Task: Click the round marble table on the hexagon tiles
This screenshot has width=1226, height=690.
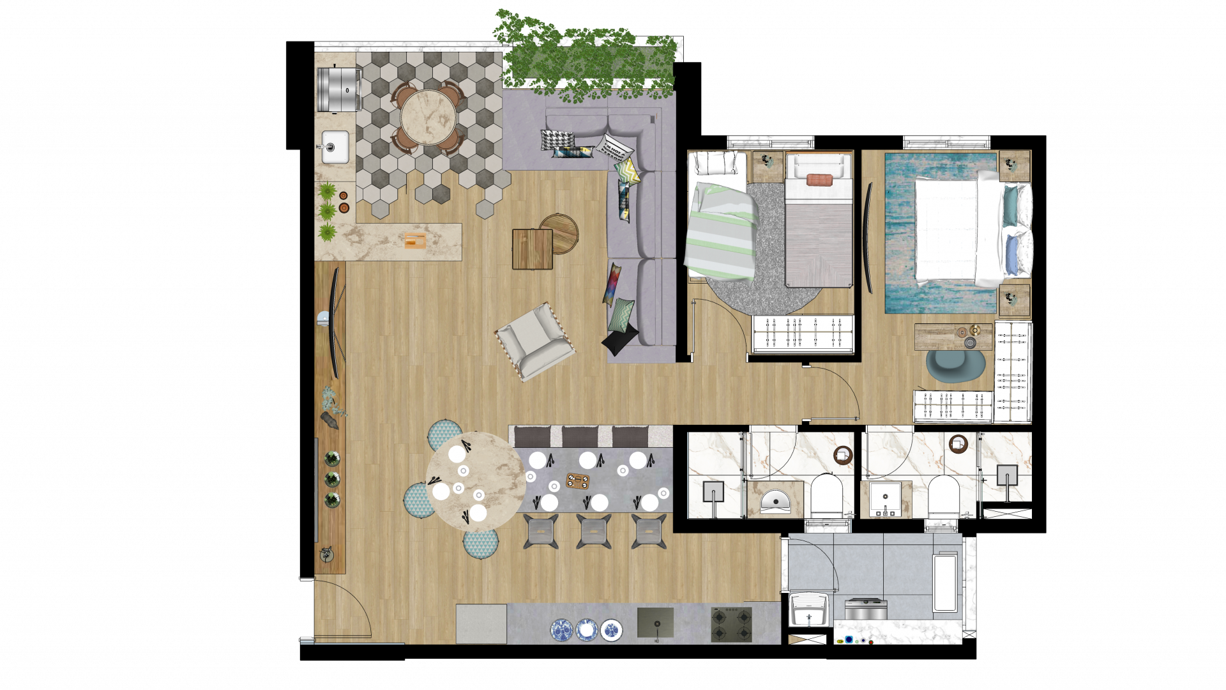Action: tap(428, 118)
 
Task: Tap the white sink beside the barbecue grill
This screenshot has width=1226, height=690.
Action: tap(335, 147)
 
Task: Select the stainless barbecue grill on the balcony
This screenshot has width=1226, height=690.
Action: tap(339, 89)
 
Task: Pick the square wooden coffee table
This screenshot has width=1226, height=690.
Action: tap(532, 249)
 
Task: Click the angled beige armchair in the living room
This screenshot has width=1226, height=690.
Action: tap(535, 341)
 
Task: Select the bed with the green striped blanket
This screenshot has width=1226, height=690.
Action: tap(720, 230)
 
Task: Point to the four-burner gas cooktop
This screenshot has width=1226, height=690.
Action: tap(732, 625)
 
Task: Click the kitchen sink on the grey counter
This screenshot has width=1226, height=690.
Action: tap(655, 622)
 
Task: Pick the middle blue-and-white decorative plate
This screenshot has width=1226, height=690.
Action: tap(586, 631)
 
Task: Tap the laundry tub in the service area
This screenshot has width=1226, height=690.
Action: tap(808, 609)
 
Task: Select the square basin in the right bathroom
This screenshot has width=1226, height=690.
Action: tap(886, 500)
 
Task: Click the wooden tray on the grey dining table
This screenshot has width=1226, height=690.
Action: tap(578, 480)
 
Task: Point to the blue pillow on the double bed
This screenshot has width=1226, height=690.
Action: tap(1012, 255)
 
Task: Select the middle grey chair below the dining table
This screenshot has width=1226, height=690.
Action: tap(594, 532)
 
